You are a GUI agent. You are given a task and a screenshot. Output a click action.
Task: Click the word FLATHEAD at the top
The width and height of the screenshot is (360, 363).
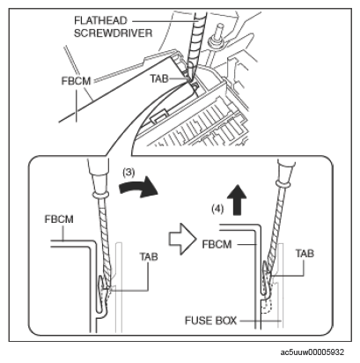100,20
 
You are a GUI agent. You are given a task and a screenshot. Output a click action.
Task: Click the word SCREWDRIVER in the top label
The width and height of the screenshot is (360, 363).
113,33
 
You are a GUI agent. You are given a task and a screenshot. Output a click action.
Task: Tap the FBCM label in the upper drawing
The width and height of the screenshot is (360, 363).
76,81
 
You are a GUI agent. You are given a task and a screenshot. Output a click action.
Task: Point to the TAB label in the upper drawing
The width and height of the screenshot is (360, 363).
159,78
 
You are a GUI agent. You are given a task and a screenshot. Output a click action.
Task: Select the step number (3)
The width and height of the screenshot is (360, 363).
129,173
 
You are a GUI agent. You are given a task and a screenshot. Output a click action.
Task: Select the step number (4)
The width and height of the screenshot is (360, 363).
217,209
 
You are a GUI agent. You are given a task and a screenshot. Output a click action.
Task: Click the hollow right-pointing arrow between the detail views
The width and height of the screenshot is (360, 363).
182,239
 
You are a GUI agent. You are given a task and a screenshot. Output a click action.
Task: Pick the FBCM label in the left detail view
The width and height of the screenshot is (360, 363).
59,219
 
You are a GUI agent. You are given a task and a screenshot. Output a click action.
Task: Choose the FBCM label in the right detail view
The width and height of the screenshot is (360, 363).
217,244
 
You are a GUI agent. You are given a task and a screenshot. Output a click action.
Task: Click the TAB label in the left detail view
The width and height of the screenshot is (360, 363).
149,256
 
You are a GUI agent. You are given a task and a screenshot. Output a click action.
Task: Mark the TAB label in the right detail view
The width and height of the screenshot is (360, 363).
305,253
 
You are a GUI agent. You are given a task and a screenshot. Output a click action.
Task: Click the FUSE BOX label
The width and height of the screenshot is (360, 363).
210,321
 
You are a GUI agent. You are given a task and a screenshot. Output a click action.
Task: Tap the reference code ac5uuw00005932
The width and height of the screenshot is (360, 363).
312,352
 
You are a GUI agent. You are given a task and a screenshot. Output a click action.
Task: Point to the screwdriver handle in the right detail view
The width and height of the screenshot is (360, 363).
286,171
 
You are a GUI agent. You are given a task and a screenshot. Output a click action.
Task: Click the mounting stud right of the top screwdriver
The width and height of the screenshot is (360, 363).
218,36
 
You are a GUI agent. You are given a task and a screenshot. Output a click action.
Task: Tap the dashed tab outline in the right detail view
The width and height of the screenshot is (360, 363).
267,307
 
